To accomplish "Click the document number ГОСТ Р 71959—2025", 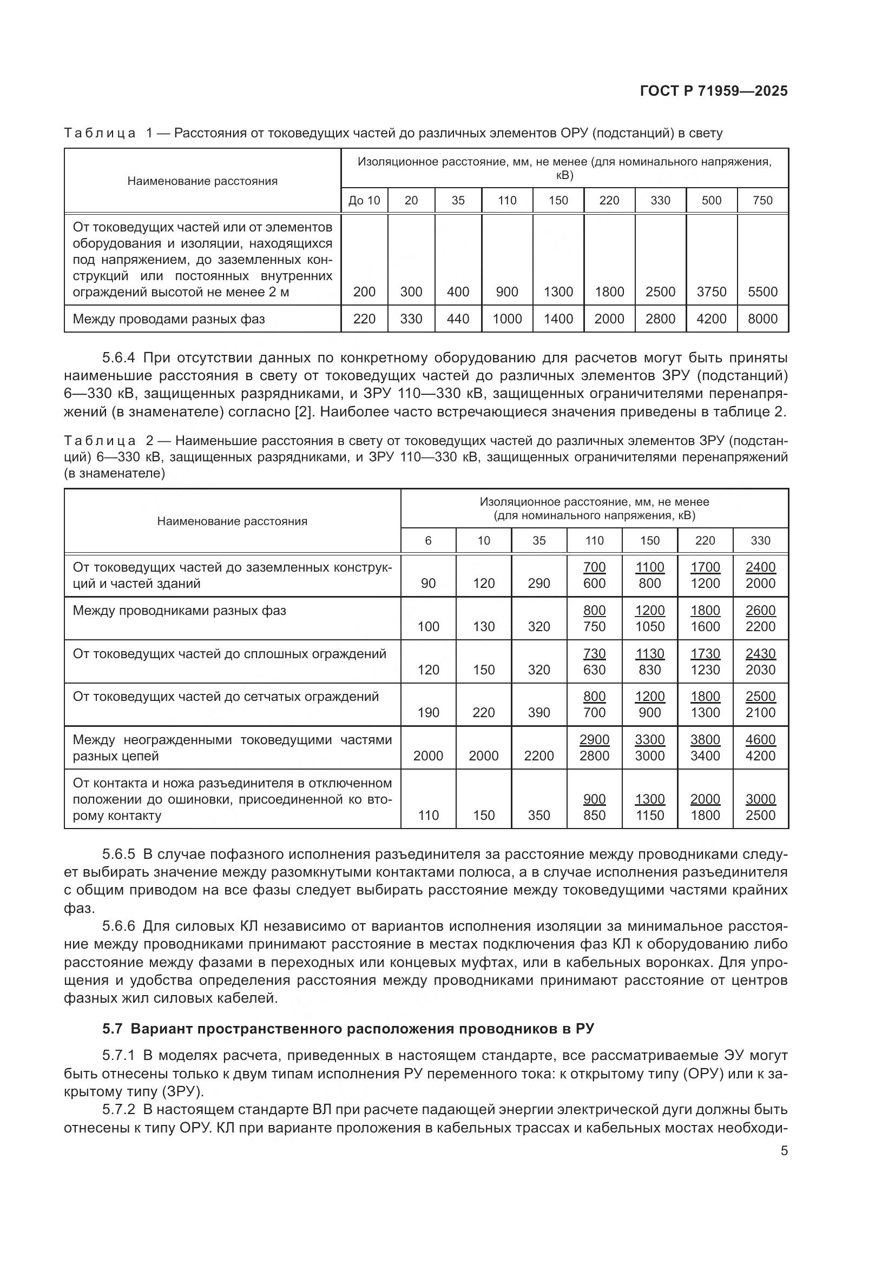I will tap(714, 91).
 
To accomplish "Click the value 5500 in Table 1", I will tap(762, 292).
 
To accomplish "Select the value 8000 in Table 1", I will tap(762, 319).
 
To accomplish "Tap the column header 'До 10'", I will tap(364, 201).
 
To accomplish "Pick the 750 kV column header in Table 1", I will tap(762, 201).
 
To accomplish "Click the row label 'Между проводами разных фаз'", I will tap(169, 319).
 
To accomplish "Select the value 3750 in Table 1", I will tap(711, 292).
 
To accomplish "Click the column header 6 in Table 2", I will tap(428, 540).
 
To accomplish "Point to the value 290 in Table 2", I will tap(538, 584).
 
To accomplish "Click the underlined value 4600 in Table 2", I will tap(760, 739).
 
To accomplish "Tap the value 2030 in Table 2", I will tap(760, 670).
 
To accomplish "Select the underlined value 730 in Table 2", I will tap(594, 653).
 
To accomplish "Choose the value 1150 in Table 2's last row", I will tap(650, 816).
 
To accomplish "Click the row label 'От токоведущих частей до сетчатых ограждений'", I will tap(226, 697).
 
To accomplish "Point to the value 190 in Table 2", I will tap(428, 713).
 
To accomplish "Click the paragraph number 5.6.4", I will tap(119, 358).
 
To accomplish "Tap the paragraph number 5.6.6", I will tap(119, 927).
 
